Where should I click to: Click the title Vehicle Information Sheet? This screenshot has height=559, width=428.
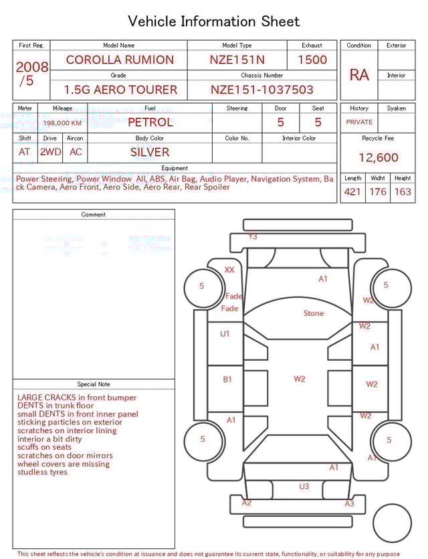click(x=214, y=21)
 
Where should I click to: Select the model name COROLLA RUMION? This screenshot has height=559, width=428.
click(x=120, y=60)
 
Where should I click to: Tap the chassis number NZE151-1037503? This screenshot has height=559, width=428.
click(x=262, y=90)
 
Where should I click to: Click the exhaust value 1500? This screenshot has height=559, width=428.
click(x=312, y=60)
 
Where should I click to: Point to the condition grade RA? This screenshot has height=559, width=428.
click(x=359, y=75)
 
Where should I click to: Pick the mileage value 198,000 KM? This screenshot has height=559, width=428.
click(x=62, y=123)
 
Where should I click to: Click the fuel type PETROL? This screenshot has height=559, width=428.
click(x=150, y=123)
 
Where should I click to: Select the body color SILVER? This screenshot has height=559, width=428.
click(x=150, y=152)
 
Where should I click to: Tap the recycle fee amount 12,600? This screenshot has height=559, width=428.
click(x=378, y=158)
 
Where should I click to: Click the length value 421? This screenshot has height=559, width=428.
click(x=352, y=192)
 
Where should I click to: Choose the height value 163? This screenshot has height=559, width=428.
click(x=403, y=192)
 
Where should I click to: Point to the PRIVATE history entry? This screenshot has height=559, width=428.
click(x=359, y=123)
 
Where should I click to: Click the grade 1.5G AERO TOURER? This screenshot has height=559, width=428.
click(x=120, y=90)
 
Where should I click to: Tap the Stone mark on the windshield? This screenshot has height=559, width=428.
click(x=313, y=313)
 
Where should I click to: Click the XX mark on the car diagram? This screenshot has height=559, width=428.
click(x=229, y=270)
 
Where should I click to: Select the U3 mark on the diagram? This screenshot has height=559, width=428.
click(x=304, y=487)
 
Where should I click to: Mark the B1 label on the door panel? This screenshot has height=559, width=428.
click(x=227, y=380)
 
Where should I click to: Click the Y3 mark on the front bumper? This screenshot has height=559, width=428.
click(x=253, y=237)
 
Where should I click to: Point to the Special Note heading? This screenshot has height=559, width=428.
click(x=94, y=384)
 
